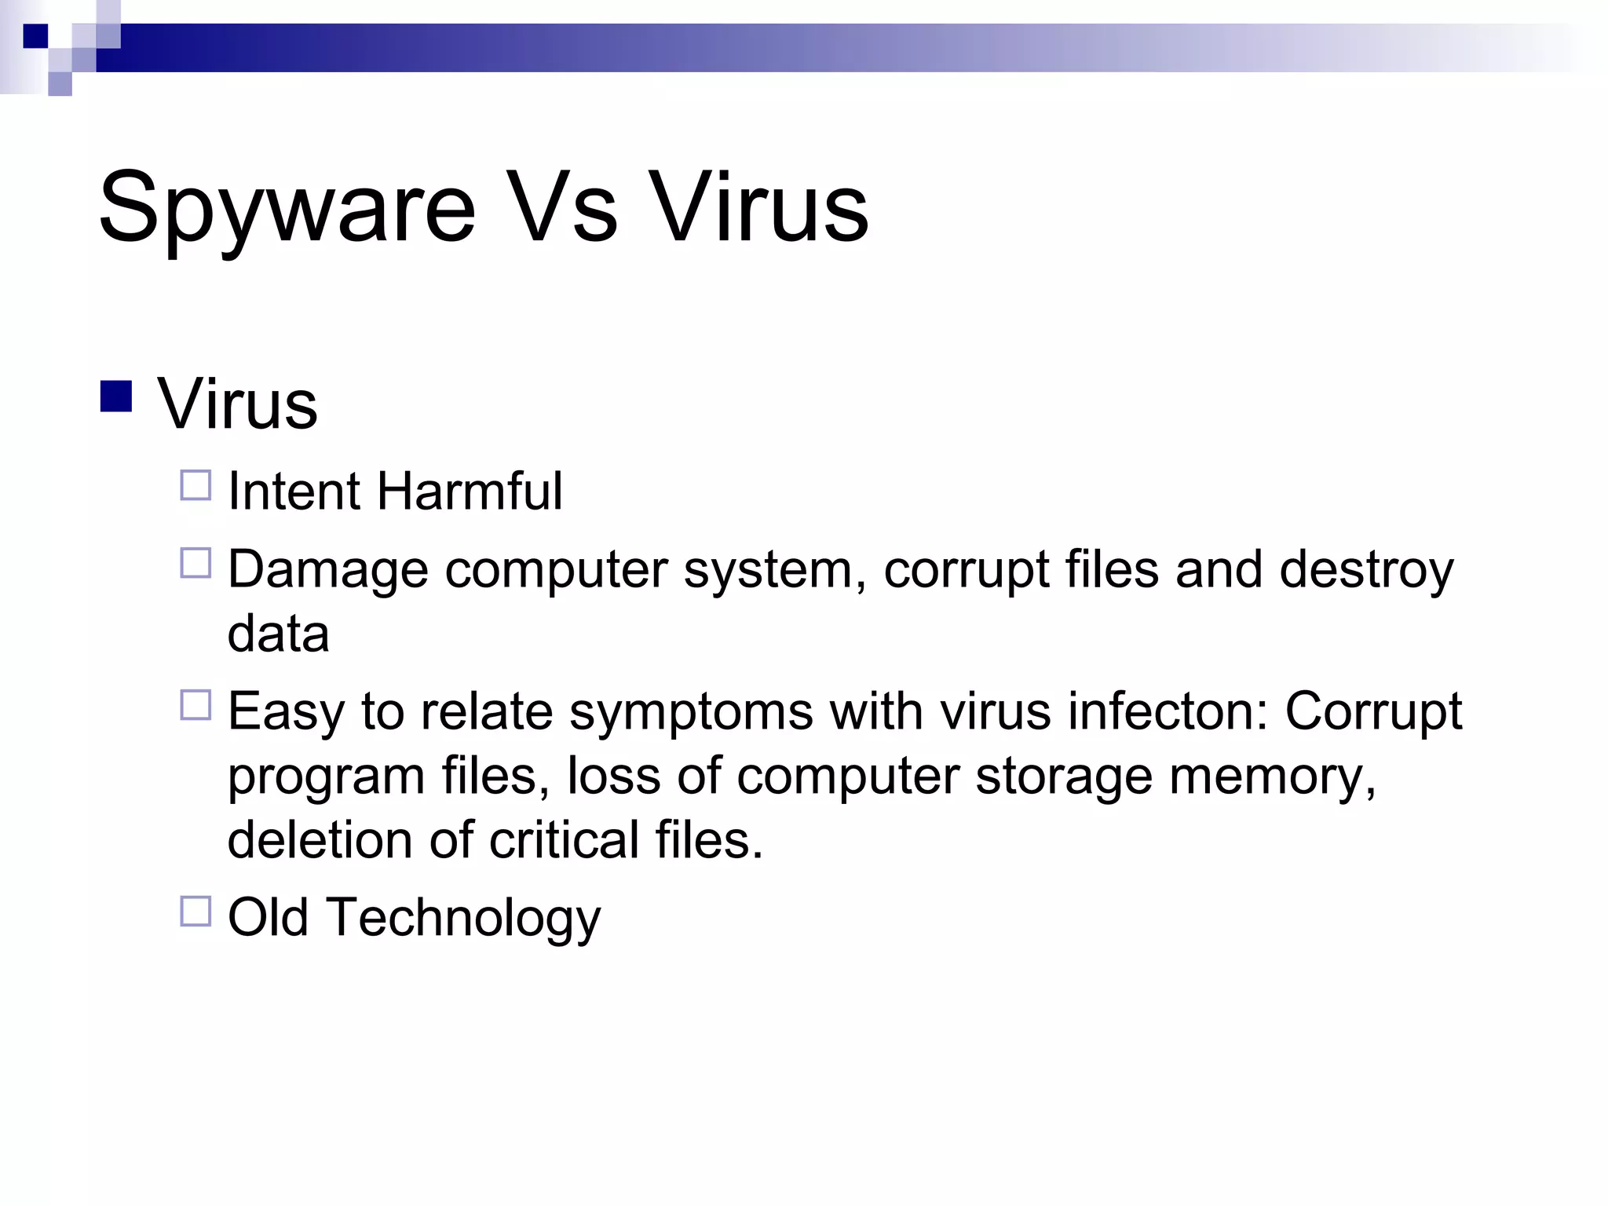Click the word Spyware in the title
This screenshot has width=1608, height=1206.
287,209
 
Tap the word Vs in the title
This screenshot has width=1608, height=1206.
561,207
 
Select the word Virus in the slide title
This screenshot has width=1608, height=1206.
760,207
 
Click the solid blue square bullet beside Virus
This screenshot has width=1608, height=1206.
116,396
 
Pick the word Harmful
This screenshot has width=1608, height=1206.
470,492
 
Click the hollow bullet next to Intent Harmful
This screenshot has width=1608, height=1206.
196,485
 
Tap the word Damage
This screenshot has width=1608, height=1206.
328,570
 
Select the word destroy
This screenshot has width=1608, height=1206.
1366,570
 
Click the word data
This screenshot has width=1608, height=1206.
278,634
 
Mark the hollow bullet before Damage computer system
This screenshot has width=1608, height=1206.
196,563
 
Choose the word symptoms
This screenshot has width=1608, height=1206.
691,712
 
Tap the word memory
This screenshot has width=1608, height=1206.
1272,777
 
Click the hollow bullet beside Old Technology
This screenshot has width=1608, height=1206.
196,912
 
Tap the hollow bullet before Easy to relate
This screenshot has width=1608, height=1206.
196,705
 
